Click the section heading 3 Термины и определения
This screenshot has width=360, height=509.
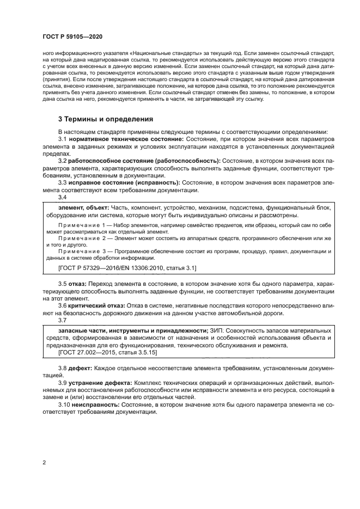coord(105,119)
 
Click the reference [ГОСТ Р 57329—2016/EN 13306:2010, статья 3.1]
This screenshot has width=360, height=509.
coord(127,268)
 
